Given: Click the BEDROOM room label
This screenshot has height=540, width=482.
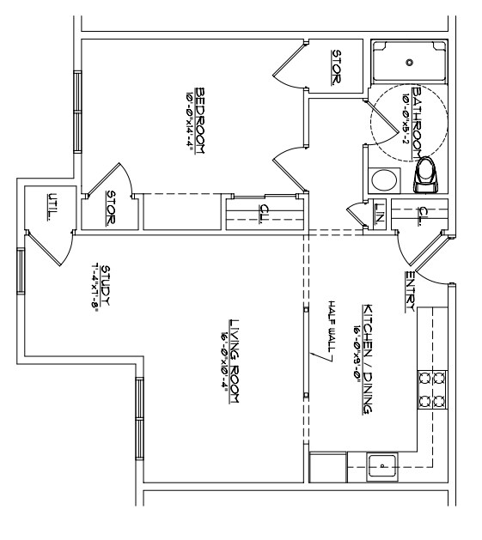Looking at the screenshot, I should pyautogui.click(x=200, y=119).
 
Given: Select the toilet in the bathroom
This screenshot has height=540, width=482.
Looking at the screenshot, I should pyautogui.click(x=425, y=174).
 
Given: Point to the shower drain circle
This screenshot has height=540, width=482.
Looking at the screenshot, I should pyautogui.click(x=410, y=62).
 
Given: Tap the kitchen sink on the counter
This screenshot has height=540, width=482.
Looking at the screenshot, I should pyautogui.click(x=381, y=468).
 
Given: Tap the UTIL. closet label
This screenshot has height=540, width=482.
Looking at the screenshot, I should pyautogui.click(x=52, y=208).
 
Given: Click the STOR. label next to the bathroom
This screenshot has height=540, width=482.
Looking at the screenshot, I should pyautogui.click(x=336, y=66).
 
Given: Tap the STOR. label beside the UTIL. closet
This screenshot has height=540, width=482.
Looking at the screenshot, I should pyautogui.click(x=110, y=208).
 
